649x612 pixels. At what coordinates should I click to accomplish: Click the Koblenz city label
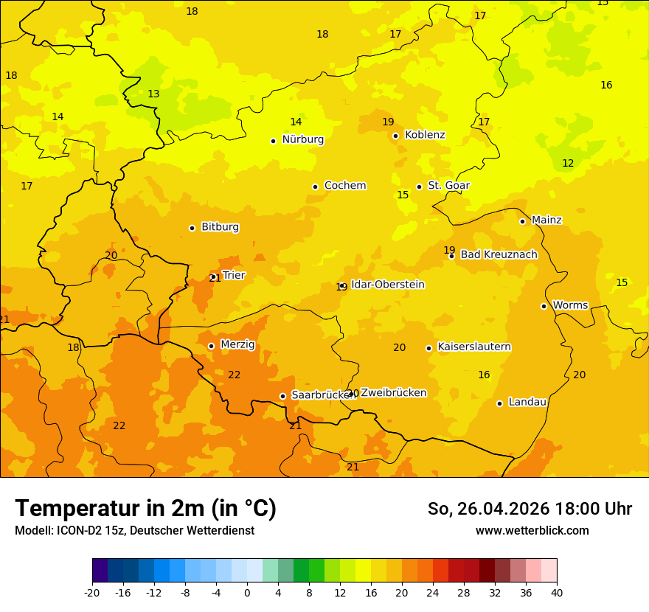(425, 135)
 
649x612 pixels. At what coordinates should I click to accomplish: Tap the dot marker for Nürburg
(273, 141)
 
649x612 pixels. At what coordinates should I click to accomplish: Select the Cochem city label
(345, 186)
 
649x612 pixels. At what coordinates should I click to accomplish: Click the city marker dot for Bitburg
(192, 228)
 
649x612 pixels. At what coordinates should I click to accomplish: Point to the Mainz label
(546, 220)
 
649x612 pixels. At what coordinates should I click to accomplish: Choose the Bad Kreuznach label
(499, 255)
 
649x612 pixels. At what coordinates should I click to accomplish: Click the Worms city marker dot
(544, 306)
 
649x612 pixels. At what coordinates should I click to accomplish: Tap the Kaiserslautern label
(474, 347)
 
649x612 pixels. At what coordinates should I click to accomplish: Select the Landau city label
(527, 403)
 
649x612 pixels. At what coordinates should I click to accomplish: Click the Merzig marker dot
(211, 346)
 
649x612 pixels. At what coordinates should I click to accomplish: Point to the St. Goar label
(448, 186)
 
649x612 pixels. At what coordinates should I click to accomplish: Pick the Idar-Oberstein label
(388, 285)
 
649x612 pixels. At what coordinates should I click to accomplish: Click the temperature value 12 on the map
(568, 163)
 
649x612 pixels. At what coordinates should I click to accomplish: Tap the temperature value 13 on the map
(153, 94)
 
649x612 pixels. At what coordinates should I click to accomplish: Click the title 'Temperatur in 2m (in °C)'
(145, 509)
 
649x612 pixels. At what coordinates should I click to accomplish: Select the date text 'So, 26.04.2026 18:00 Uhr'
(530, 509)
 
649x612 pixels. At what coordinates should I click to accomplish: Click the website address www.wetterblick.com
(532, 531)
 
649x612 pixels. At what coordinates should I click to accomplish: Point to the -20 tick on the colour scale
(92, 592)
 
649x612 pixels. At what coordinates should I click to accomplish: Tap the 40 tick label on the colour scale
(557, 592)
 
